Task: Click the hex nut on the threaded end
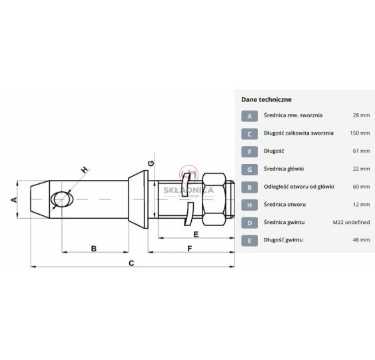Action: pos(214,199)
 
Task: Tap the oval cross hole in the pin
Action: pos(62,199)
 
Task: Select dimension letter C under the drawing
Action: pos(131,263)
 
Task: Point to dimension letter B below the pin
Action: pos(94,249)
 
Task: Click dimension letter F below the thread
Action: pos(189,249)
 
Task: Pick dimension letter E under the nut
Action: pos(196,235)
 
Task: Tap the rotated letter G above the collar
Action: pos(151,163)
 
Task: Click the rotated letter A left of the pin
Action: pos(15,199)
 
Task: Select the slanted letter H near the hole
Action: pos(85,170)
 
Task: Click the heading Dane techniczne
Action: pos(266,99)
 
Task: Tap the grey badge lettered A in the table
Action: pos(249,116)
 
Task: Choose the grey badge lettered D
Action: pos(249,223)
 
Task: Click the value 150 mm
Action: pos(360,133)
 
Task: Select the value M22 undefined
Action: pos(351,222)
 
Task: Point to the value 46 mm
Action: pos(361,239)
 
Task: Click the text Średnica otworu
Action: pos(284,205)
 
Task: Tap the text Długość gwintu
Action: pos(283,240)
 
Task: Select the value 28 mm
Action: pos(361,115)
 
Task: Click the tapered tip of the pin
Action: pos(40,199)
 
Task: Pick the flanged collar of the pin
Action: pos(139,199)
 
